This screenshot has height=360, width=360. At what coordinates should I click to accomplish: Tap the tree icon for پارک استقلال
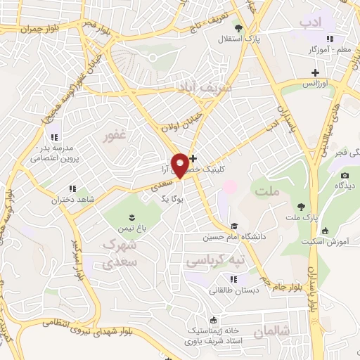(239, 29)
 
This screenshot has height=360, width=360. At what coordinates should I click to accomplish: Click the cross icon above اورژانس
(316, 72)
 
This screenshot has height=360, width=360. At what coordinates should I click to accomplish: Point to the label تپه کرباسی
(215, 260)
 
